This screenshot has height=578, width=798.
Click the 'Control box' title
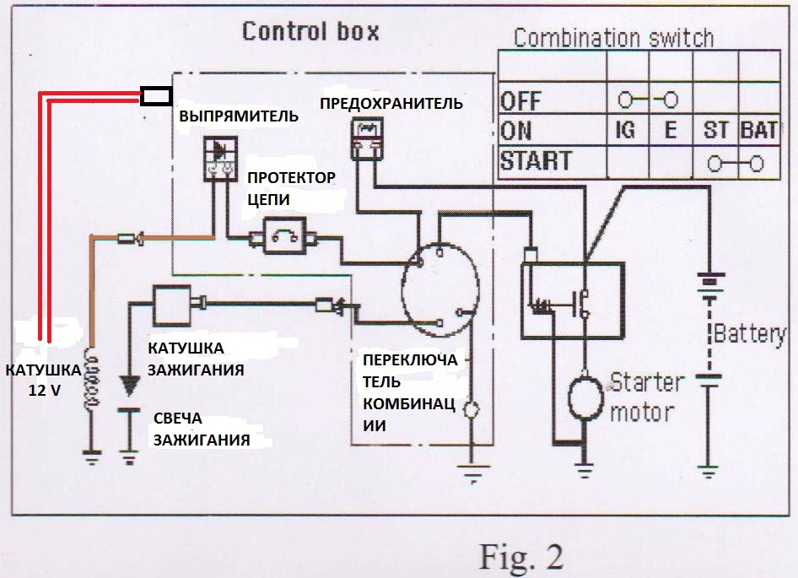tap(310, 32)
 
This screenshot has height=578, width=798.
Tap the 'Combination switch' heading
tap(613, 37)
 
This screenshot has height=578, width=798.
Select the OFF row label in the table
tap(520, 101)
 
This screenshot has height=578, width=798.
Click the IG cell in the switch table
tap(627, 132)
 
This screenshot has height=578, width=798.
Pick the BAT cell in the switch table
tap(758, 132)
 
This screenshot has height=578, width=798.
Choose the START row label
tap(536, 160)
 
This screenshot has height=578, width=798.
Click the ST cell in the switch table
tap(715, 132)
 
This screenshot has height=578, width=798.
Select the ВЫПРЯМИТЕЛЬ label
tap(238, 116)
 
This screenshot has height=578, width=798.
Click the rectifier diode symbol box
tap(221, 158)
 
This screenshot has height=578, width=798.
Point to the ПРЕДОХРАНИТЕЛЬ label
tap(391, 104)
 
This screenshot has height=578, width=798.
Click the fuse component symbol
tap(366, 138)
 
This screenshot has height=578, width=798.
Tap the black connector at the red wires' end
tap(157, 97)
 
